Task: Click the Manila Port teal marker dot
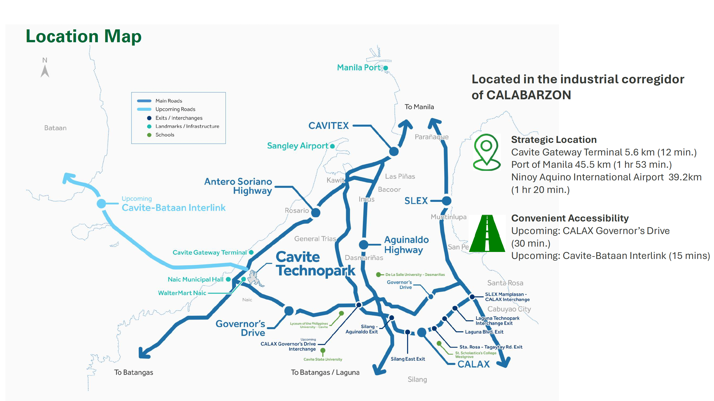pyautogui.click(x=386, y=68)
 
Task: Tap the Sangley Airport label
pyautogui.click(x=297, y=146)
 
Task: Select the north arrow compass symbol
pyautogui.click(x=45, y=68)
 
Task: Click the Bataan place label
pyautogui.click(x=55, y=128)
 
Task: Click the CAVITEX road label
pyautogui.click(x=328, y=126)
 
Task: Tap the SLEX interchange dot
pyautogui.click(x=447, y=201)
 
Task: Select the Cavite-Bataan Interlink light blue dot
pyautogui.click(x=101, y=204)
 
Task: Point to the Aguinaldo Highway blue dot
pyautogui.click(x=363, y=245)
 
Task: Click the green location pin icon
pyautogui.click(x=487, y=152)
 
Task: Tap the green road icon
pyautogui.click(x=487, y=233)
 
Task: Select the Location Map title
pyautogui.click(x=84, y=37)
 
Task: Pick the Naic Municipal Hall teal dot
pyautogui.click(x=228, y=279)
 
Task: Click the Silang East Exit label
pyautogui.click(x=408, y=359)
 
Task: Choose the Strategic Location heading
pyautogui.click(x=554, y=140)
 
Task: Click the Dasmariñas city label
pyautogui.click(x=364, y=258)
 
